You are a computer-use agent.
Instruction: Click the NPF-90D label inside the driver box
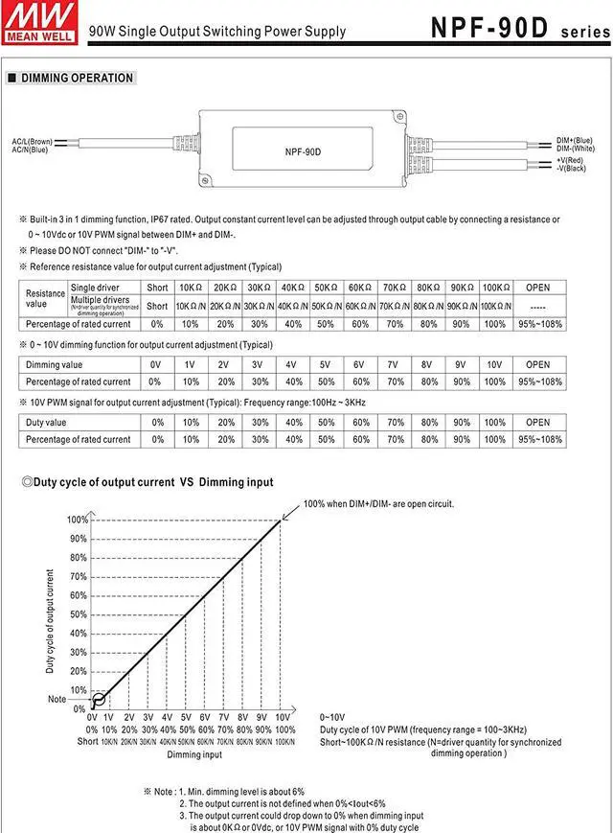coord(303,151)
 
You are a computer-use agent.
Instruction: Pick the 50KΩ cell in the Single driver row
coord(327,288)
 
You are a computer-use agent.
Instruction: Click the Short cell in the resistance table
coord(157,288)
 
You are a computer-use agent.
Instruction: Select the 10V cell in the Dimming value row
coord(494,364)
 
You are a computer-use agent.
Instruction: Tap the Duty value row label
coord(46,422)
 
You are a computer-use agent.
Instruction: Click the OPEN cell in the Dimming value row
coord(537,364)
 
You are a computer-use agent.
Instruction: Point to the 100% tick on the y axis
coord(77,520)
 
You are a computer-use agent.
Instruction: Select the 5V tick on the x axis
coord(187,717)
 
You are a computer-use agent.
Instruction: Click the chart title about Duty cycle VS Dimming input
coord(153,482)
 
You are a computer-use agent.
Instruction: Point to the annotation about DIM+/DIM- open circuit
coord(378,503)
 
